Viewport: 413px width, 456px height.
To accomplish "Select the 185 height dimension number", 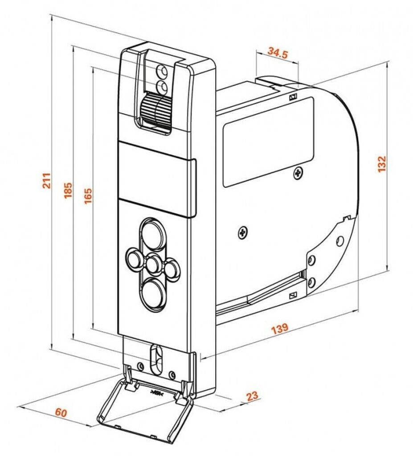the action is [x=68, y=190].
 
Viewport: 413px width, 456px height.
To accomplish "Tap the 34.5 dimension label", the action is [x=278, y=53].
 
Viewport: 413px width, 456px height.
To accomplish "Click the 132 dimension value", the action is [x=382, y=163].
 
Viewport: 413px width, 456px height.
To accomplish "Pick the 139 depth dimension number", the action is [x=280, y=328].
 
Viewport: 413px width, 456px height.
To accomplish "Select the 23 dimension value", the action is [x=252, y=396].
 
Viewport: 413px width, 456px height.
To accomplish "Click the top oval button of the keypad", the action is [x=153, y=234].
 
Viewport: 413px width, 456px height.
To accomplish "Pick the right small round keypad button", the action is [x=172, y=268].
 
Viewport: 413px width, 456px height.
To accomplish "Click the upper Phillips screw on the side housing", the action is [x=298, y=172].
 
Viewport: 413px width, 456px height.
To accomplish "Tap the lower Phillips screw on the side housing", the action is [x=243, y=232].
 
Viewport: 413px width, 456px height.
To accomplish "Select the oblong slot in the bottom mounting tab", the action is [x=156, y=358].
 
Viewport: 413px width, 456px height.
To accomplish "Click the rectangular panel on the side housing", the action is [x=267, y=141].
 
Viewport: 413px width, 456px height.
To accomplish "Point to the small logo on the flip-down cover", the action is [x=157, y=392].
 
